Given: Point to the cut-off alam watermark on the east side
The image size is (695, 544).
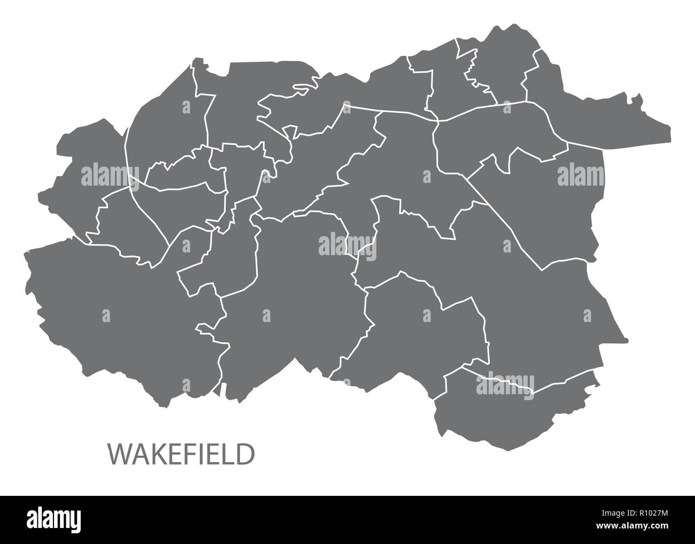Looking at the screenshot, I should pos(580,175).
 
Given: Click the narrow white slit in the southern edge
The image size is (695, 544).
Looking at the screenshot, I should pos(221,388).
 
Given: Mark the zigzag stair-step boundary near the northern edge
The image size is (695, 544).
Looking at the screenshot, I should pos(473,72).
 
